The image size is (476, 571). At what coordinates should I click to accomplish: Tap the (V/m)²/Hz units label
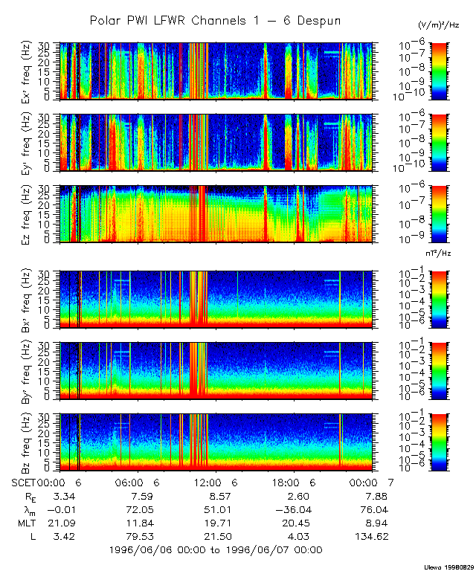pyautogui.click(x=439, y=25)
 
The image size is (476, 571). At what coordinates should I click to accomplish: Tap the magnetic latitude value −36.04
pyautogui.click(x=292, y=509)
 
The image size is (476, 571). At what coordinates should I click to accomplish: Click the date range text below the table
pyautogui.click(x=216, y=550)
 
